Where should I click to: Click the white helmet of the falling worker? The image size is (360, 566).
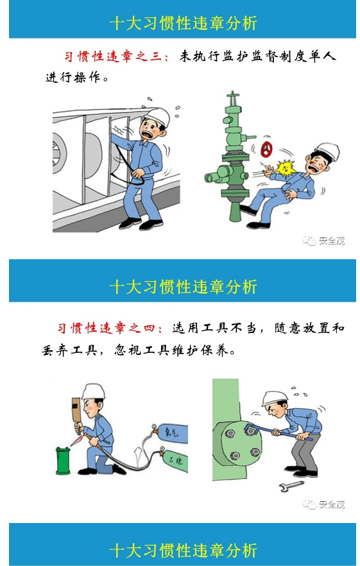coord(327,151)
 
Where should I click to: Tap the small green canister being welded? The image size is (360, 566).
coord(63,459)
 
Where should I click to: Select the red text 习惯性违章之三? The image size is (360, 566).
coord(116,57)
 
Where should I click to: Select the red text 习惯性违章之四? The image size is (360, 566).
coord(112,328)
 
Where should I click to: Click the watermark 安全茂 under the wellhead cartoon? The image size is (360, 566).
coord(325,241)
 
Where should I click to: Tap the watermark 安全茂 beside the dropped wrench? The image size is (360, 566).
coord(325,504)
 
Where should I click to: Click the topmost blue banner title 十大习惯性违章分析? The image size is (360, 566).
coord(183,24)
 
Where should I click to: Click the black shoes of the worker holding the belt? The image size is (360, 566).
coord(141,224)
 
